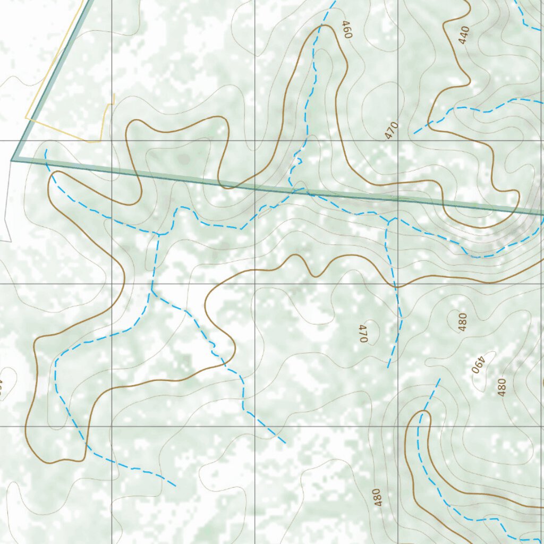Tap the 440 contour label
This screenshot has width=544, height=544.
coord(464,35)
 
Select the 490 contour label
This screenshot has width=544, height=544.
coord(479,364)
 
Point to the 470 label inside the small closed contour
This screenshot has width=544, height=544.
coord(363,333)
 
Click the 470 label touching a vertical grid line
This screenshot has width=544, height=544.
coord(392,130)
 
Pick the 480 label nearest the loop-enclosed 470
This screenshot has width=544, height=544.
coord(462,322)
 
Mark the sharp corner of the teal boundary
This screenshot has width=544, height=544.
coord(12,160)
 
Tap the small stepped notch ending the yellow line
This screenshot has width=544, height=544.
coord(113,99)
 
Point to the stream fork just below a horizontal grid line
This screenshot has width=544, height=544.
coord(152,291)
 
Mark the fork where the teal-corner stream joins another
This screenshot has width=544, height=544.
coord(159,234)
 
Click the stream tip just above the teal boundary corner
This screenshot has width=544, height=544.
coord(46,150)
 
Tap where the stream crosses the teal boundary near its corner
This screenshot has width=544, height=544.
coord(48,164)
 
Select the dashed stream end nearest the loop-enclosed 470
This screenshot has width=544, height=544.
coord(388,367)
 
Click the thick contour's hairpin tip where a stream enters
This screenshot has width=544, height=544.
coord(424,411)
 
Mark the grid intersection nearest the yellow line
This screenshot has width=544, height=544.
coord(112,141)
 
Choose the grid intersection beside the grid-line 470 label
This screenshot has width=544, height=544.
coord(398,141)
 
